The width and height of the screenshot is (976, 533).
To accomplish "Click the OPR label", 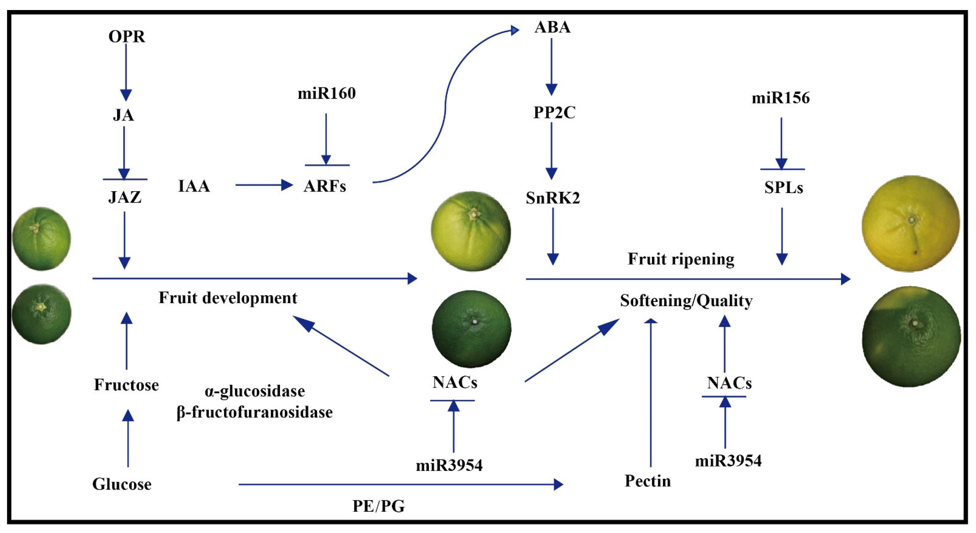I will click(x=127, y=37).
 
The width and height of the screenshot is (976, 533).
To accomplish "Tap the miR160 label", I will click(x=326, y=93).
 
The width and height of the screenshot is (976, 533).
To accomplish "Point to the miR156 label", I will click(x=780, y=98).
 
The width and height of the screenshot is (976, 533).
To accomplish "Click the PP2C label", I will click(x=554, y=113).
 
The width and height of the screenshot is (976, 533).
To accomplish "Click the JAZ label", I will click(x=125, y=197).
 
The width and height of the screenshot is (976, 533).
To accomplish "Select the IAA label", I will click(x=194, y=186).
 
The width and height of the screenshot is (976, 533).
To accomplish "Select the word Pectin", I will click(x=647, y=481).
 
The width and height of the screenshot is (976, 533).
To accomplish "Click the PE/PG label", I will click(x=378, y=506).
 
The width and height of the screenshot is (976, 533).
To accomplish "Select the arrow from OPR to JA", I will click(x=126, y=72).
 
